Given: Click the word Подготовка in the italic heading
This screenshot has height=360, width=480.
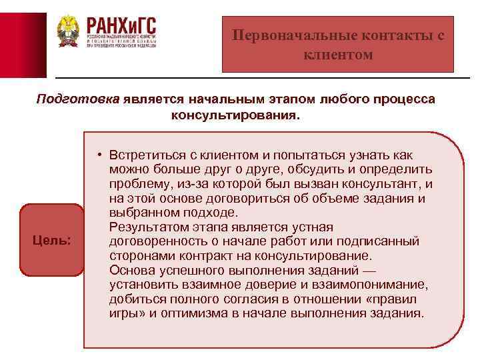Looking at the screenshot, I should pos(77,100).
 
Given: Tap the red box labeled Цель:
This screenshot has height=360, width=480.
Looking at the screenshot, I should pos(52,240).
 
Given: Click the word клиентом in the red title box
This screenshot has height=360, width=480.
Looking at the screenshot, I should pos(338,54).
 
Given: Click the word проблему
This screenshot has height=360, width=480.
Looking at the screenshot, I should pos(137,183).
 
